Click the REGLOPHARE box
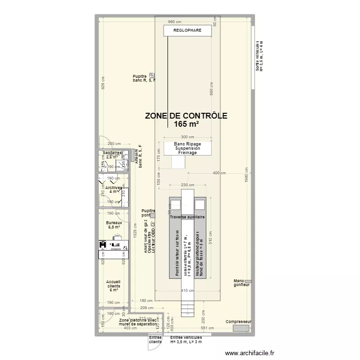coord(187,30)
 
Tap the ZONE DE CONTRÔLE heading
coord(186,116)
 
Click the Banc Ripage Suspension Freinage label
coord(187,148)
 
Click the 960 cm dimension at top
coord(175,22)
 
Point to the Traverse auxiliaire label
coord(187,217)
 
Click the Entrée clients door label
coord(155,340)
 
